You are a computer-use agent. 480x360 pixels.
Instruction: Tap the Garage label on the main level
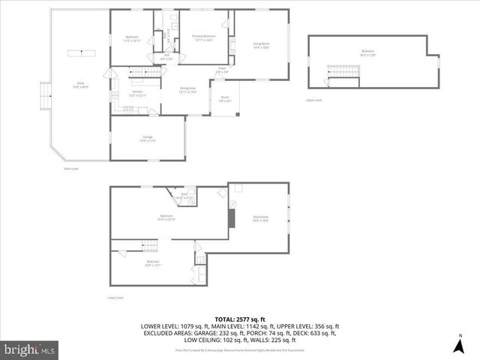(x=148, y=138)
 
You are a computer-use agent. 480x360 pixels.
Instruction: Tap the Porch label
(x=225, y=97)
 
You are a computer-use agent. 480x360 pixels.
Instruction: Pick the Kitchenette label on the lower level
(x=260, y=218)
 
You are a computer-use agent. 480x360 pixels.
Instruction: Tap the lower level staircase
(x=147, y=246)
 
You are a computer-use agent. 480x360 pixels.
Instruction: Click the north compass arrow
(x=458, y=345)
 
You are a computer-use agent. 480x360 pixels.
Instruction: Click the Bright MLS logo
(x=30, y=349)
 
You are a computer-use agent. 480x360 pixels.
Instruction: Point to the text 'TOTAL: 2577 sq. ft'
(x=240, y=319)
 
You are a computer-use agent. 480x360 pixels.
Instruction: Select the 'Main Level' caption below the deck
(x=71, y=169)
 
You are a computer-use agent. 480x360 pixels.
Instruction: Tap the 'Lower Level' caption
(x=114, y=298)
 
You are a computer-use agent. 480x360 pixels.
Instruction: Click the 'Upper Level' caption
(x=313, y=99)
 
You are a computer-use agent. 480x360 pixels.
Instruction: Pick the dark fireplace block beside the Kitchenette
(x=232, y=216)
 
